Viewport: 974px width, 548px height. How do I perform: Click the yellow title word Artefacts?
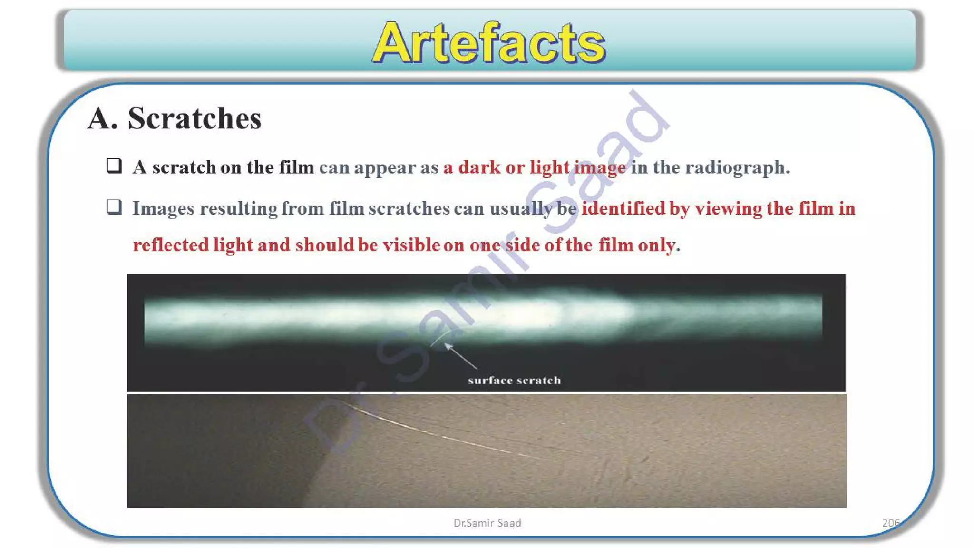pos(488,43)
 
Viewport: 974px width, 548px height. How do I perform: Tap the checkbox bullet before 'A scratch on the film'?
pos(114,166)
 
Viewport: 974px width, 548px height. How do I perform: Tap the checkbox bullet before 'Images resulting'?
pos(114,207)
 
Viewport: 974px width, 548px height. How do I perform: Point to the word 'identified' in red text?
pos(623,208)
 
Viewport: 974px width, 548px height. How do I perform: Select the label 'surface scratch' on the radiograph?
pos(514,380)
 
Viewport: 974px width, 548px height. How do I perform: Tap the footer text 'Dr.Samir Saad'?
pos(487,523)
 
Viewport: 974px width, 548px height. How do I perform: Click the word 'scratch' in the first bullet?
pos(184,167)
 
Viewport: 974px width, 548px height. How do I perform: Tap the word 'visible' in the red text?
pos(411,245)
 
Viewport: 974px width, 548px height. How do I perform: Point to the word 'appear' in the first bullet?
pos(385,167)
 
